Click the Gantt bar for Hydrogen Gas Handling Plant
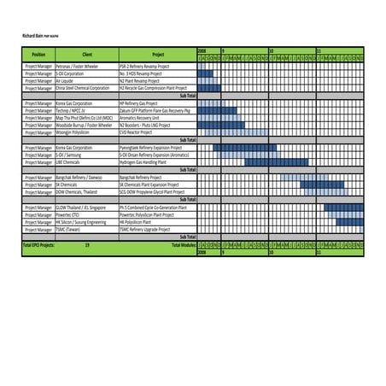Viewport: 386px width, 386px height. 264,161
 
